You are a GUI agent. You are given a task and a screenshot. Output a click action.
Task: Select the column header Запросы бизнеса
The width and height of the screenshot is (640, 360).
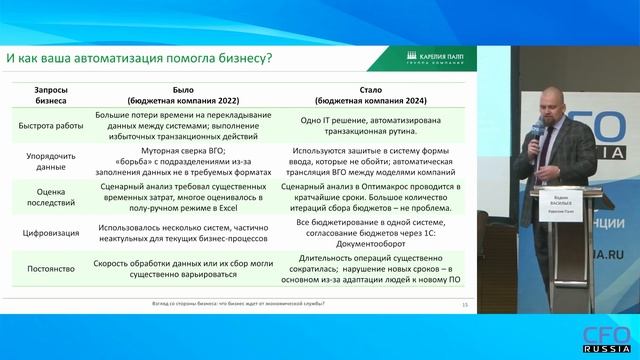pyautogui.click(x=52, y=94)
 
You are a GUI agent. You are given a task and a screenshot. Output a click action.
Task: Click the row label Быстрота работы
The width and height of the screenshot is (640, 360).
pyautogui.click(x=52, y=126)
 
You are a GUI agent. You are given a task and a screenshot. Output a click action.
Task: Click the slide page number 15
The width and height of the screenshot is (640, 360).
pyautogui.click(x=465, y=303)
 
